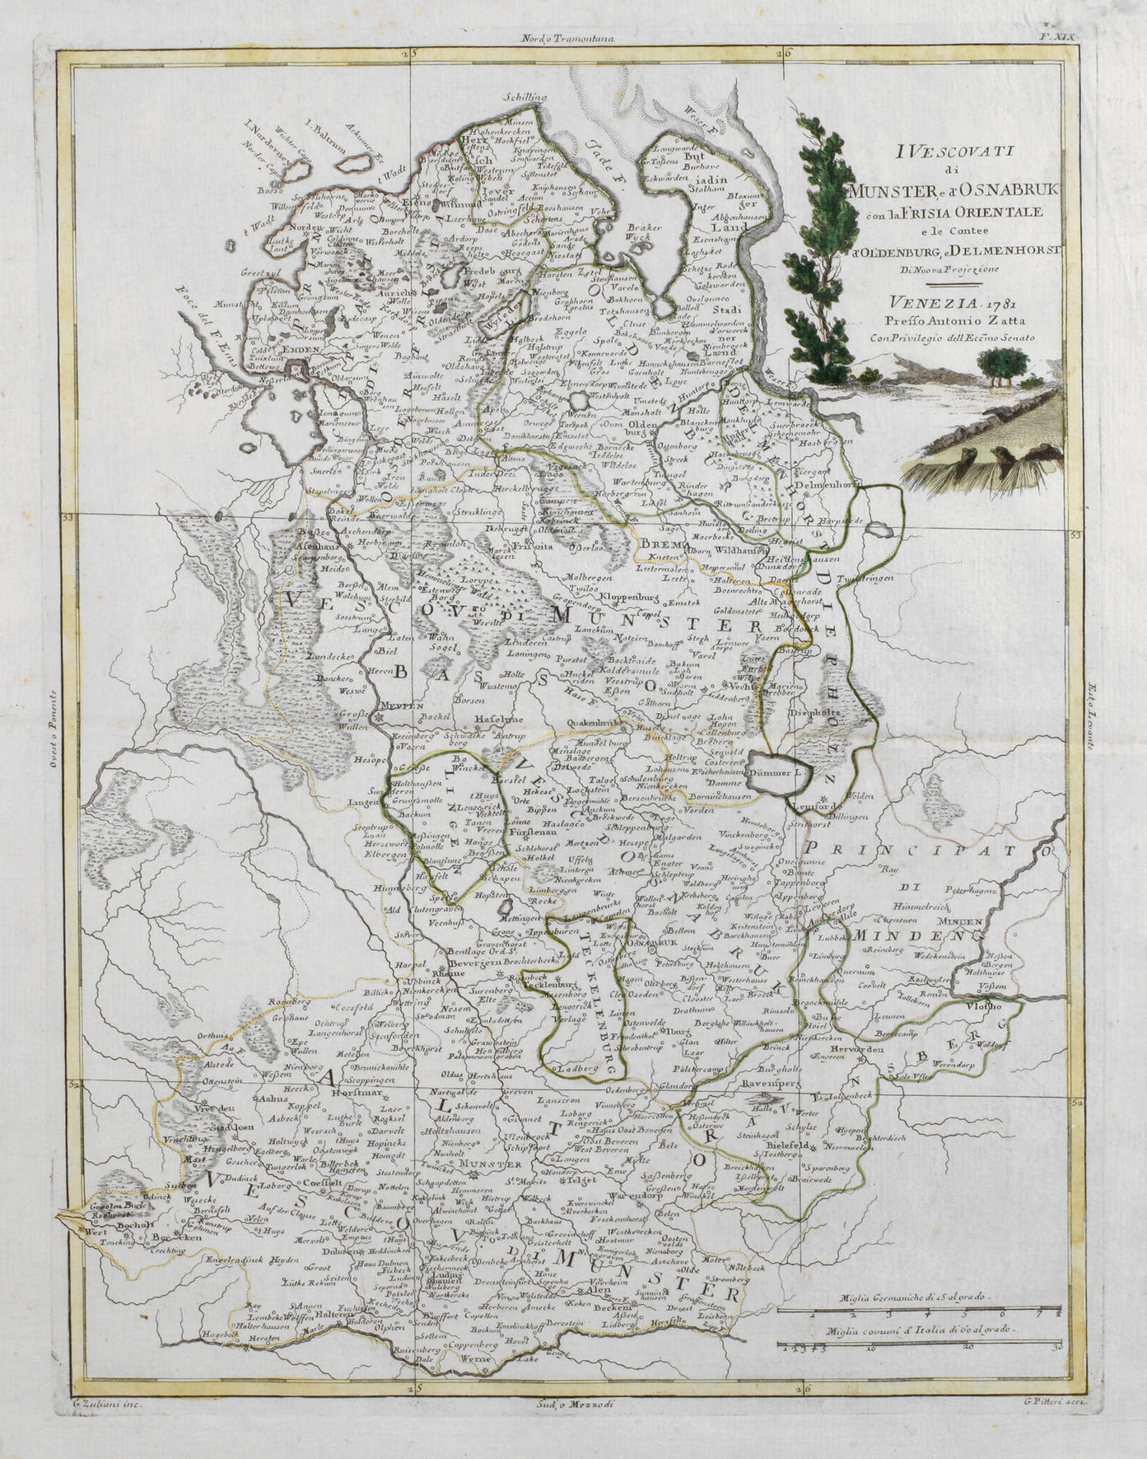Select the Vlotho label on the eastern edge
tap(992, 1006)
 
